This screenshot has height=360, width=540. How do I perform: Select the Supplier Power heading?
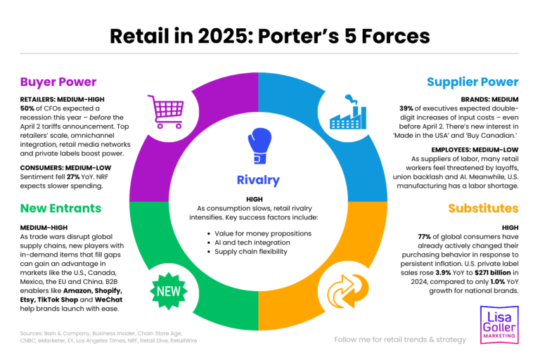click(x=472, y=82)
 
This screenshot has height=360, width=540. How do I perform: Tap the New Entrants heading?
click(x=60, y=208)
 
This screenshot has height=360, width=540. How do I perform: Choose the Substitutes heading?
click(x=483, y=209)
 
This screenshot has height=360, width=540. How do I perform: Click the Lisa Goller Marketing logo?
click(x=500, y=324)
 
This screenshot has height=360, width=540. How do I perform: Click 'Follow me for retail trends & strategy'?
click(x=400, y=340)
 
